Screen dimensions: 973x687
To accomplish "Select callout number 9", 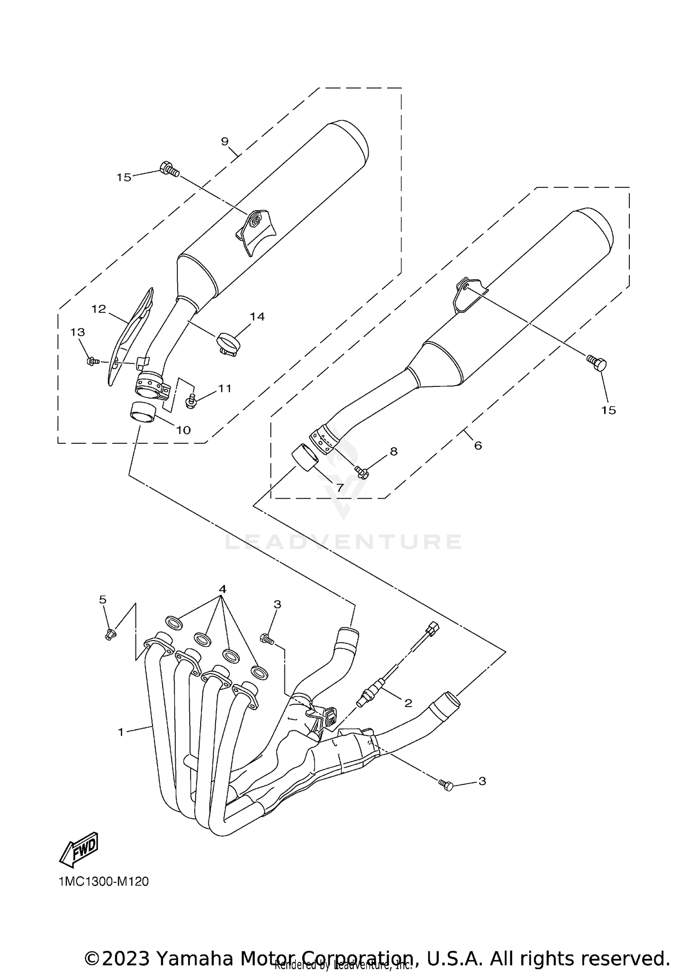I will (224, 141).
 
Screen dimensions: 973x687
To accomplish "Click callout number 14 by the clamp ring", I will (257, 316).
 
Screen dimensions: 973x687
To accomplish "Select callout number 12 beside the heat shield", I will (98, 309).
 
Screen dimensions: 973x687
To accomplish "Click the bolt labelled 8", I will (361, 471).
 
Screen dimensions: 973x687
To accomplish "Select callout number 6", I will (478, 445).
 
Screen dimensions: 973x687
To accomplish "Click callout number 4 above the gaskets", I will (222, 589).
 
